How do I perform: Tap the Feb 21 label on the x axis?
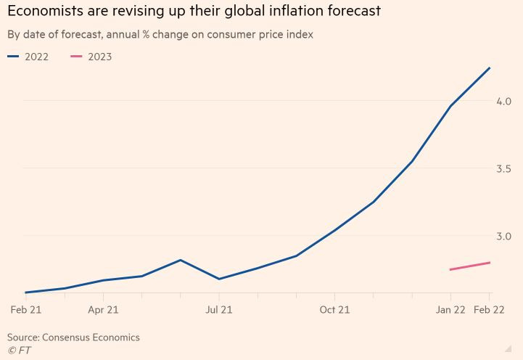25,310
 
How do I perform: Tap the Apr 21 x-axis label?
103,310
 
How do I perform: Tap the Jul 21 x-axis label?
218,310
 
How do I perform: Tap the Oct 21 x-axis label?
334,310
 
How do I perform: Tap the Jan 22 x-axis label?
450,310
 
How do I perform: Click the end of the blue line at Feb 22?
490,67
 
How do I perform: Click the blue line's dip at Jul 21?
218,279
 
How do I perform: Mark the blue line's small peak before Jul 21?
180,260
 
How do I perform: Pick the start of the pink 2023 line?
450,270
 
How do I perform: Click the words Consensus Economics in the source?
91,337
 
